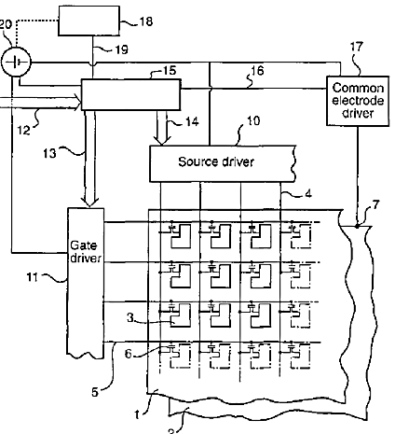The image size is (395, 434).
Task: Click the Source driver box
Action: tap(223, 163)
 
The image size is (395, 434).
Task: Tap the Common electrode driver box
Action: tap(358, 101)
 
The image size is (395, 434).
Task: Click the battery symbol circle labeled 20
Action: tap(16, 62)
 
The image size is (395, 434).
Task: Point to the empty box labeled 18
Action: tap(89, 21)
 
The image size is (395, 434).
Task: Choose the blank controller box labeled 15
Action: tap(130, 94)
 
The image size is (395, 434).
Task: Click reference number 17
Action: tap(357, 47)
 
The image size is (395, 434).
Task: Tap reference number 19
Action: tap(121, 49)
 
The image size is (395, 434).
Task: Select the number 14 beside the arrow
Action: tap(192, 121)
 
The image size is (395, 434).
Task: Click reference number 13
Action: tap(49, 153)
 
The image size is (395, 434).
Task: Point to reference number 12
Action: tap(23, 130)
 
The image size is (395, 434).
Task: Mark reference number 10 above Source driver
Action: tap(253, 120)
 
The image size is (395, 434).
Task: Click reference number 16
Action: tap(257, 71)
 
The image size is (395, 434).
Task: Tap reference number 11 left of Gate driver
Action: tap(33, 277)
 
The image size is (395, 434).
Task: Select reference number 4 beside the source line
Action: tap(307, 194)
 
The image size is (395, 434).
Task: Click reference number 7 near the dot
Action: tap(375, 204)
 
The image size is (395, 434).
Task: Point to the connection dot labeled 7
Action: tap(358, 227)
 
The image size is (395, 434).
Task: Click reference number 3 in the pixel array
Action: tap(130, 317)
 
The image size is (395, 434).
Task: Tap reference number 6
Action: tap(129, 354)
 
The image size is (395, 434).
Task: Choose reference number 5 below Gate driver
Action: tap(95, 392)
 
